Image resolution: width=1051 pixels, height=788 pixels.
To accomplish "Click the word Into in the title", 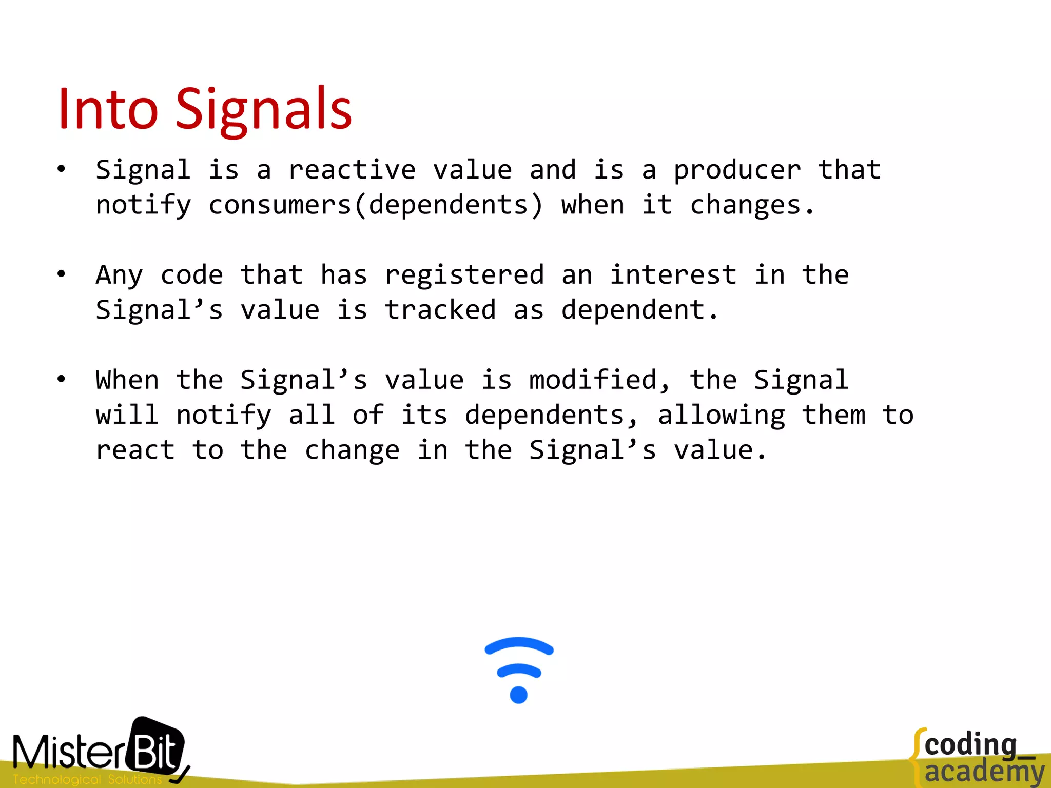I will pyautogui.click(x=107, y=109).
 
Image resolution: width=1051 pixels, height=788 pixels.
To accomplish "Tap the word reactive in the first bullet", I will pyautogui.click(x=352, y=170).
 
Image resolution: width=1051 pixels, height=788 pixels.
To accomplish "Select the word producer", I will pyautogui.click(x=737, y=170).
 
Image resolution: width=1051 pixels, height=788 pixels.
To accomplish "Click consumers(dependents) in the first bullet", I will pyautogui.click(x=376, y=205).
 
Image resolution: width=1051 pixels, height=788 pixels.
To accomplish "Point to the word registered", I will pyautogui.click(x=464, y=275).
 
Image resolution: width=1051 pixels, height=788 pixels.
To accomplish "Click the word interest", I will pyautogui.click(x=673, y=275).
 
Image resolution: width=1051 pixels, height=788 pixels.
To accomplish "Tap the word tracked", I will pyautogui.click(x=440, y=310).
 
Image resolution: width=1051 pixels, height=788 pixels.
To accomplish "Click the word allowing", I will pyautogui.click(x=721, y=415).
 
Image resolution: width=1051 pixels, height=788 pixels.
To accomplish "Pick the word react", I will pyautogui.click(x=135, y=450).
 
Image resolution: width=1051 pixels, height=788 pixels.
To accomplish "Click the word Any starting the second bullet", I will pyautogui.click(x=119, y=275).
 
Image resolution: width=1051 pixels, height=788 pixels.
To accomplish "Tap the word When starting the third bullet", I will pyautogui.click(x=127, y=380).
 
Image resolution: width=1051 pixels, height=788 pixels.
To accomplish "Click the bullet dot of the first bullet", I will pyautogui.click(x=62, y=169).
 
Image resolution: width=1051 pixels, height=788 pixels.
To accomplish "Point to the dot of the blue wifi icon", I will pyautogui.click(x=518, y=695).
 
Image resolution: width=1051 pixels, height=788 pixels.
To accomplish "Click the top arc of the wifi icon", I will pyautogui.click(x=519, y=643).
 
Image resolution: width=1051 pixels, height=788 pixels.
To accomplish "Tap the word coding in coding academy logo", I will pyautogui.click(x=970, y=745).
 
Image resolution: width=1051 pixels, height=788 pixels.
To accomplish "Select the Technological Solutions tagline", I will pyautogui.click(x=87, y=779).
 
